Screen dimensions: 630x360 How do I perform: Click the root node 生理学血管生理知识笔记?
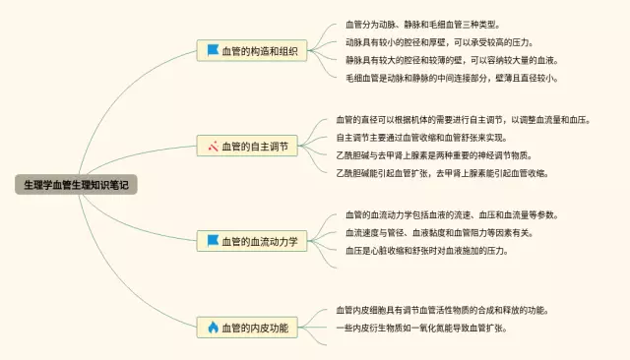76,185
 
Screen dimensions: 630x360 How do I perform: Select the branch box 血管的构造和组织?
252,50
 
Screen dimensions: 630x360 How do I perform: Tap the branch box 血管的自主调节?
247,146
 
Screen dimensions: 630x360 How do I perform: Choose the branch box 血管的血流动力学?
252,241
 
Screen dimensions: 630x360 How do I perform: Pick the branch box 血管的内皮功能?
247,328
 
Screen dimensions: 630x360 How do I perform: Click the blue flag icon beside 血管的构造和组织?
213,50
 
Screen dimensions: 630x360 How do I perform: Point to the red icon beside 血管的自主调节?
213,147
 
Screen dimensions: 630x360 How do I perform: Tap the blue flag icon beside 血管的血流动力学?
213,240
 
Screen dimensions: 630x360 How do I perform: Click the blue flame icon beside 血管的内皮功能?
213,328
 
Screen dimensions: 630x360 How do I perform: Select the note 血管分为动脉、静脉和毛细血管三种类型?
422,25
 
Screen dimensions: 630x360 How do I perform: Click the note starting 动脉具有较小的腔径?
440,42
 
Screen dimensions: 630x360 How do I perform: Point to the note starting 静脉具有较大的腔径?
452,60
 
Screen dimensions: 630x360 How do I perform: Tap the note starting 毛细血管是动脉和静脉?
452,78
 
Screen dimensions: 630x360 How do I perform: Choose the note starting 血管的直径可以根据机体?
464,120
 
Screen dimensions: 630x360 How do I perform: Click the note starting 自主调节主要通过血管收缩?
421,138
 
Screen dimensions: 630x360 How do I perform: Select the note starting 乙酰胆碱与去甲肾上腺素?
434,155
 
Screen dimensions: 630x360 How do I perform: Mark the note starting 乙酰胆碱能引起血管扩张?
442,173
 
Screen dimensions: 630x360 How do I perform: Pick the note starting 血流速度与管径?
440,233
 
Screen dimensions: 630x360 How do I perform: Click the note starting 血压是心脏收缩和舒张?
427,251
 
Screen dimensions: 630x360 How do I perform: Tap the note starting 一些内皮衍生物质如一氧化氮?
421,328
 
